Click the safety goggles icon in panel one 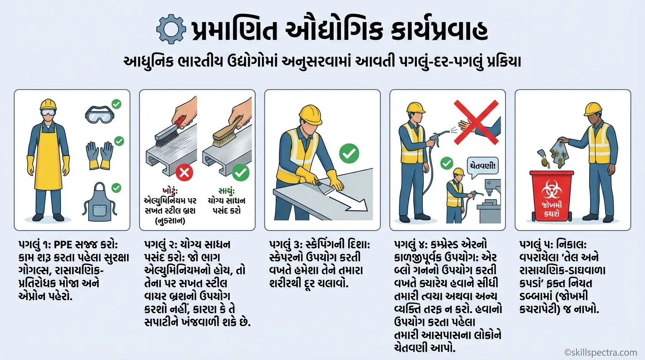(x=100, y=114)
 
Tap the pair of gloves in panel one (x=100, y=155)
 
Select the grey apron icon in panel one (x=100, y=202)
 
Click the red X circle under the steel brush (x=184, y=173)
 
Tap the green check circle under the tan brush (x=241, y=172)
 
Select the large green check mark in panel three (x=349, y=153)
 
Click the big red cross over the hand (x=476, y=122)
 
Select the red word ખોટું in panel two (x=170, y=191)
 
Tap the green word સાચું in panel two (x=226, y=191)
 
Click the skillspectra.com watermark (x=600, y=352)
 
